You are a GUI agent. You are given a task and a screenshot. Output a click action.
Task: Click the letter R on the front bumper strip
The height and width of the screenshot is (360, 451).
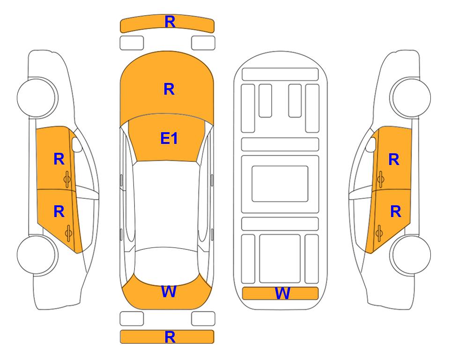click(170, 22)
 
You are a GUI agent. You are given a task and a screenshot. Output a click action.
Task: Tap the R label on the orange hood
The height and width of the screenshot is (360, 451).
click(169, 89)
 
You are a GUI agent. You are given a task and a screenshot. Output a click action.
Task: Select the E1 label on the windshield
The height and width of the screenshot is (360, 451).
click(169, 138)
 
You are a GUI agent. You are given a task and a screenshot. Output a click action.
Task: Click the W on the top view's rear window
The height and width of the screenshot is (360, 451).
click(169, 292)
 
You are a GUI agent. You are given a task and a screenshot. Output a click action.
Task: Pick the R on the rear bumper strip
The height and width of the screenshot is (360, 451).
click(170, 337)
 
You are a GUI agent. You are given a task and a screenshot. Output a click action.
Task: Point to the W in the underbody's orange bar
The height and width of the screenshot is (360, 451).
click(282, 293)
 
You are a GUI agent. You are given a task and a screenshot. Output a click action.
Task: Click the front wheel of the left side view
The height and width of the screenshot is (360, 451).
click(37, 97)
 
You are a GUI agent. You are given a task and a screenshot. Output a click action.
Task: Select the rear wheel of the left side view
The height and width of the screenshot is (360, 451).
click(37, 255)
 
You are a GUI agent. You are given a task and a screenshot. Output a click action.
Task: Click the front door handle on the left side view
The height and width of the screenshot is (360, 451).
click(67, 179)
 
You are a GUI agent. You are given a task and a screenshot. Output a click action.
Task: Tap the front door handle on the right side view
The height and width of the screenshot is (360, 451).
click(380, 179)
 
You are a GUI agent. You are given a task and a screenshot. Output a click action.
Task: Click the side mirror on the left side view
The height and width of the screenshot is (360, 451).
click(76, 144)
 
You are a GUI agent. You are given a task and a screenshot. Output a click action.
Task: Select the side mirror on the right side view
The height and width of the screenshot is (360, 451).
click(371, 144)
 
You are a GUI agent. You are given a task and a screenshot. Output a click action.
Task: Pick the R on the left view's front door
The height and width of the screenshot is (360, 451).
click(59, 159)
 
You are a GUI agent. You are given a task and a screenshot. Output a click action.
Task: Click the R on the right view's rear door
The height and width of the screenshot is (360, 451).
click(396, 211)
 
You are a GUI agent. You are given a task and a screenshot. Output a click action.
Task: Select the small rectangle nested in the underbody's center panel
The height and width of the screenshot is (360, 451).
click(280, 184)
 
